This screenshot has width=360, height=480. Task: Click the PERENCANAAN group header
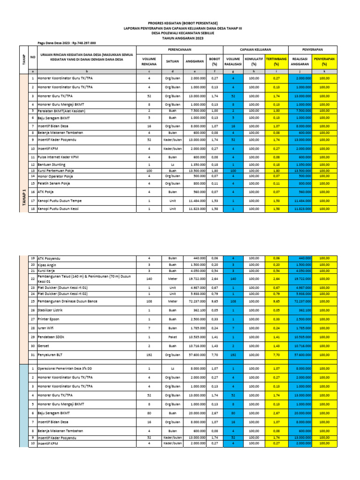point(180,49)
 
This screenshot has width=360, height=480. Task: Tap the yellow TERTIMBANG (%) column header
point(277,61)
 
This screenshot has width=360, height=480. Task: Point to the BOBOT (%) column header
point(215,61)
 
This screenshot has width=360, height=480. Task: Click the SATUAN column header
point(169,61)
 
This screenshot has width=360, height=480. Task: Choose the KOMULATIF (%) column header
point(254,61)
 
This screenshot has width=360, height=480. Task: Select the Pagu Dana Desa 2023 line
point(67,43)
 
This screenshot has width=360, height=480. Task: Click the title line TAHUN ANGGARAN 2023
point(180,38)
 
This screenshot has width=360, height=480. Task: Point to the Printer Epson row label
point(49,319)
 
